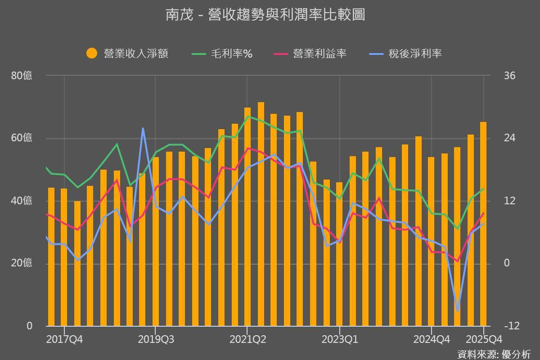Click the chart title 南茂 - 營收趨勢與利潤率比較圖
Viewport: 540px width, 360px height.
tap(265, 15)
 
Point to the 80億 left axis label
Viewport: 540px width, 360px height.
tap(22, 76)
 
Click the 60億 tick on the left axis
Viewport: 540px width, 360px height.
tap(22, 138)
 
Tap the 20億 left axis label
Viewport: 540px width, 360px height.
tap(22, 263)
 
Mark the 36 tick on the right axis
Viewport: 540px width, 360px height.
tap(509, 76)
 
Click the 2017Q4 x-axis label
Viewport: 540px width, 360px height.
tap(64, 339)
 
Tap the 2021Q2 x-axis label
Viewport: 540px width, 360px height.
tap(247, 339)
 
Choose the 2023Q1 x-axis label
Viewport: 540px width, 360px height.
tap(340, 339)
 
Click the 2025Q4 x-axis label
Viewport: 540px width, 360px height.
tap(484, 339)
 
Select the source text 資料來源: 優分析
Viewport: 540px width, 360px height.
tap(494, 354)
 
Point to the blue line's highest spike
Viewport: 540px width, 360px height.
tap(143, 129)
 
